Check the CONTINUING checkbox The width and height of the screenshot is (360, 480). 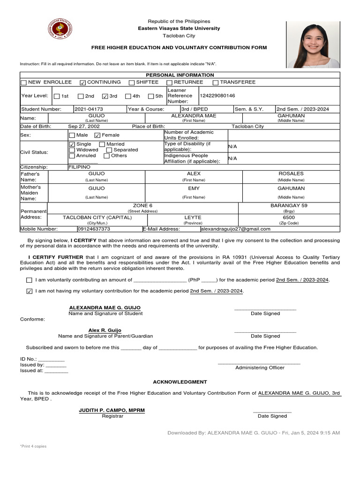tap(83, 83)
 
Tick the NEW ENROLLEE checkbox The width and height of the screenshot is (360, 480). tap(23, 83)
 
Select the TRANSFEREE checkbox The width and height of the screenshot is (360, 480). tap(216, 83)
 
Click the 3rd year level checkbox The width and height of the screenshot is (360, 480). tap(105, 97)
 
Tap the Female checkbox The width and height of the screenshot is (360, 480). tap(97, 135)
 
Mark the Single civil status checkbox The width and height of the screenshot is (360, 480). tap(72, 144)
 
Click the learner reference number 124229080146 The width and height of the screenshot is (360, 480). tap(217, 96)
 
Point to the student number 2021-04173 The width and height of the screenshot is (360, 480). tap(89, 109)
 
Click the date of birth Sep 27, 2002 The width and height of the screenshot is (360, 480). tap(84, 127)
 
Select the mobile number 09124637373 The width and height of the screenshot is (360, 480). tap(94, 229)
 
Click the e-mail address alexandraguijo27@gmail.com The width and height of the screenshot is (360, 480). tap(235, 229)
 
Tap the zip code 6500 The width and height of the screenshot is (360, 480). tap(289, 217)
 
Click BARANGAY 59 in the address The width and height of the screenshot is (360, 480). tap(289, 205)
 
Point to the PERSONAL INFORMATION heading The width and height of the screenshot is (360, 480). tap(180, 75)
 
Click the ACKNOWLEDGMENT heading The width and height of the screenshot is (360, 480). tap(180, 382)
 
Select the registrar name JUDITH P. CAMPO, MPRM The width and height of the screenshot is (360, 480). tap(112, 410)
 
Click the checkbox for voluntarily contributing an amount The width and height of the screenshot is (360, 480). tap(30, 280)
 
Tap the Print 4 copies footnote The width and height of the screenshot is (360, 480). tap(33, 446)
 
